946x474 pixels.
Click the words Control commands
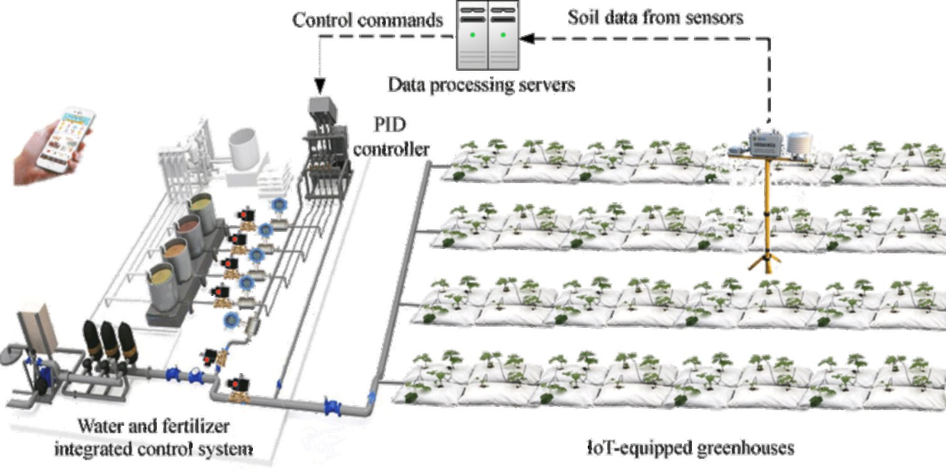pos(368,19)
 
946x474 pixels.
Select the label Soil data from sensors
pos(655,17)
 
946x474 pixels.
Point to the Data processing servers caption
pos(481,84)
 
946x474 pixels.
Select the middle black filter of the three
pos(110,342)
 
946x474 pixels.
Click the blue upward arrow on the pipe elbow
pos(373,396)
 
